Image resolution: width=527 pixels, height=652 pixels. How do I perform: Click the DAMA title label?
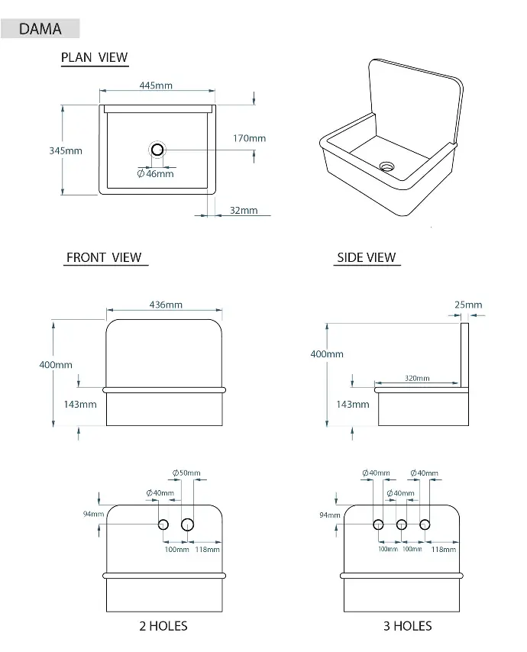(x=40, y=29)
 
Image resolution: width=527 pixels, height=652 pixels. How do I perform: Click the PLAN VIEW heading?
(x=95, y=57)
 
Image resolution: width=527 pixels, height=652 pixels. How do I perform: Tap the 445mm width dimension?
(x=156, y=86)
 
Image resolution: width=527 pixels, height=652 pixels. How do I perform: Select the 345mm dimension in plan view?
(x=66, y=150)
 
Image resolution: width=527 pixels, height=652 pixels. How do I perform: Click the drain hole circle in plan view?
(x=157, y=150)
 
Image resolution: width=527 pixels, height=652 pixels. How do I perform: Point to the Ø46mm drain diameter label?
(x=156, y=174)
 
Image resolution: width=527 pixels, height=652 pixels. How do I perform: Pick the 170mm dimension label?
(x=249, y=138)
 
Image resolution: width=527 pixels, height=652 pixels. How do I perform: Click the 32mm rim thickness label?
(x=244, y=210)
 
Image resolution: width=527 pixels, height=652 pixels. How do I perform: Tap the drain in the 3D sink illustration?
(x=386, y=166)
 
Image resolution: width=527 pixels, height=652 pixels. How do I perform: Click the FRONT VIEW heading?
(x=104, y=257)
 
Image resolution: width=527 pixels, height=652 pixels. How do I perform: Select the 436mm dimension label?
(x=166, y=305)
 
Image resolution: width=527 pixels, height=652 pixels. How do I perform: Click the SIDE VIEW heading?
(x=367, y=257)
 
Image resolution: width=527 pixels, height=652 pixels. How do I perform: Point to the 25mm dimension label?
(x=468, y=305)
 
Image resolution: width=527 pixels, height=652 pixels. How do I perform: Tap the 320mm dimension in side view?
(x=417, y=378)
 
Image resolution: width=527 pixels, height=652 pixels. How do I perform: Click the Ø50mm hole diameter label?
(x=186, y=473)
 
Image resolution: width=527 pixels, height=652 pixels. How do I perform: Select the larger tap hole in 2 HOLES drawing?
(x=188, y=525)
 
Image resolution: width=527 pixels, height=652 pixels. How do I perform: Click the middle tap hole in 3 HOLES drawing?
(x=402, y=525)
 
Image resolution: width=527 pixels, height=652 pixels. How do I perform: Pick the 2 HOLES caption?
(x=163, y=626)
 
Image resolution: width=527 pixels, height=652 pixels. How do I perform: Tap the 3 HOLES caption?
(x=408, y=626)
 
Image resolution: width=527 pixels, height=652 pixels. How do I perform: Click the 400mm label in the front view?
(x=56, y=365)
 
